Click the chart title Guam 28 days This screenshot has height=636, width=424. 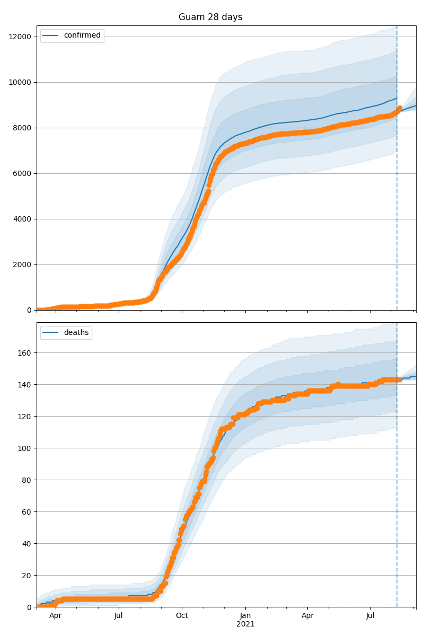click(x=210, y=17)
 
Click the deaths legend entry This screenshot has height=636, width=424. click(x=76, y=332)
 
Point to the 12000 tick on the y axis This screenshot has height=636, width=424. click(x=21, y=37)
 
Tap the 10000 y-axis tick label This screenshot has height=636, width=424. click(x=21, y=82)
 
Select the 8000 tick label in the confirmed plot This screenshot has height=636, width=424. click(x=23, y=128)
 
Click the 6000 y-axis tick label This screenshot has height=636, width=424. click(x=23, y=173)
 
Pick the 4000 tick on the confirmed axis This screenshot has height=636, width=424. click(x=23, y=219)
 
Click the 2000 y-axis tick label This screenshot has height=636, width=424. click(x=23, y=264)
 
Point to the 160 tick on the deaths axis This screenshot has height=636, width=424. click(x=25, y=352)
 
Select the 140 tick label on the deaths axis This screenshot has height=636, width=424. click(x=25, y=384)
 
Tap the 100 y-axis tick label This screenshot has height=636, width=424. click(x=25, y=448)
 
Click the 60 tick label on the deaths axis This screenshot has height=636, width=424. click(x=27, y=511)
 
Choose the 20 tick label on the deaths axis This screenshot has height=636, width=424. click(x=27, y=575)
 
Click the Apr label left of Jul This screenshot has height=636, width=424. click(x=55, y=616)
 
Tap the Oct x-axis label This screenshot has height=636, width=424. click(x=182, y=616)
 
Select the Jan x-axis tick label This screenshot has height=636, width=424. click(x=245, y=616)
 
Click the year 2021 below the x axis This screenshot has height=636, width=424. click(x=245, y=624)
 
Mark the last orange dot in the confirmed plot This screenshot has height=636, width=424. click(x=400, y=108)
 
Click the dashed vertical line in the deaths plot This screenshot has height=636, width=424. click(x=397, y=477)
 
